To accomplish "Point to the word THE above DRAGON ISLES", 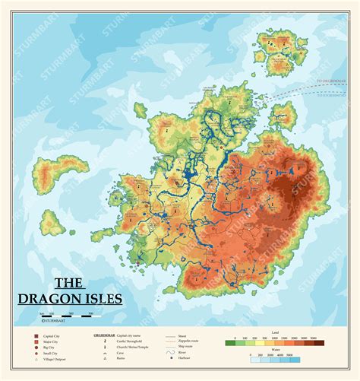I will [x=68, y=282].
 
